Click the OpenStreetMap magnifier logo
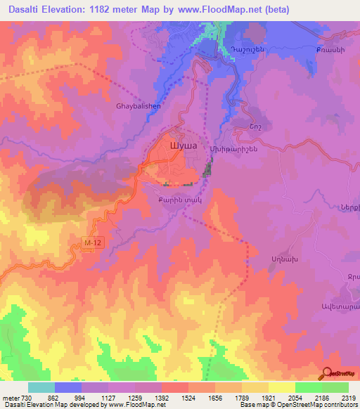[x=327, y=374]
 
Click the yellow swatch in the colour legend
[x=282, y=387]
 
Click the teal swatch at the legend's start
[x=41, y=387]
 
